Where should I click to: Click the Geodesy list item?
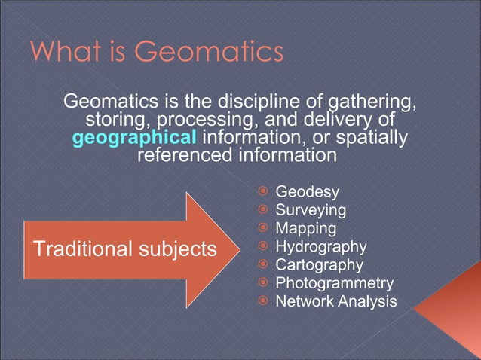coord(307,192)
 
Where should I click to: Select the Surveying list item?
coord(311,210)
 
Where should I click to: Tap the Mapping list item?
coord(305,228)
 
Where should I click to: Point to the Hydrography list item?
coord(320,246)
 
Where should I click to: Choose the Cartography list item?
coord(319,265)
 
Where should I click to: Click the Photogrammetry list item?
coord(334,283)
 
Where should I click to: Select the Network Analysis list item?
coord(335,301)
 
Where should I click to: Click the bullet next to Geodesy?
coord(263,192)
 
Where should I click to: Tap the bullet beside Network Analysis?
coord(263,301)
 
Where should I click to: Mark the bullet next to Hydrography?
coord(263,247)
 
